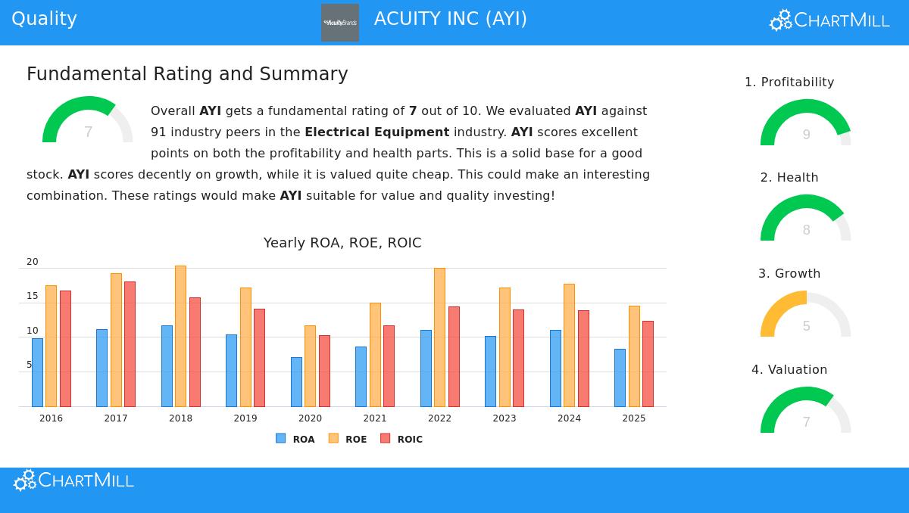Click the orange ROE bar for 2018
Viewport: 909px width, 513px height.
click(180, 336)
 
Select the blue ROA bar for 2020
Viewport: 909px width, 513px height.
click(296, 382)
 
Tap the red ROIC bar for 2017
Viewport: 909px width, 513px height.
click(130, 344)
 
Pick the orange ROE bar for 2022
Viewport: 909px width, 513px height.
click(439, 337)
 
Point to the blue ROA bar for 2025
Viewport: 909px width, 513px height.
click(620, 378)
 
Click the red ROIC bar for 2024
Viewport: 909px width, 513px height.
click(583, 359)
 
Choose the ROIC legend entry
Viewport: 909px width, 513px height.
click(401, 439)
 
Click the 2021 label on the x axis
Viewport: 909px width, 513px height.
click(375, 418)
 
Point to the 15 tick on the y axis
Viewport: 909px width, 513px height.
click(33, 296)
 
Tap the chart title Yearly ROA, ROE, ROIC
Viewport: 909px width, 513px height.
click(342, 243)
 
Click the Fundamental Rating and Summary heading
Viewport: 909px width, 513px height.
click(187, 74)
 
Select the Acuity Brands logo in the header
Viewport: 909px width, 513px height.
click(340, 23)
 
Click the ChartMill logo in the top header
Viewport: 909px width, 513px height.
click(829, 20)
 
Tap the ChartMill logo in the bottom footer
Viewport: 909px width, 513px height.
click(73, 480)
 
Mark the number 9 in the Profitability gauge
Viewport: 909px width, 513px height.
click(806, 135)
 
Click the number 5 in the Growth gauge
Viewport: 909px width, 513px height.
click(806, 326)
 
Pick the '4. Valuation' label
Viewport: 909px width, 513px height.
click(789, 369)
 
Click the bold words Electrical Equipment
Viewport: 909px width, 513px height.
click(376, 132)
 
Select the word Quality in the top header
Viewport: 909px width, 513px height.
click(44, 19)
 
